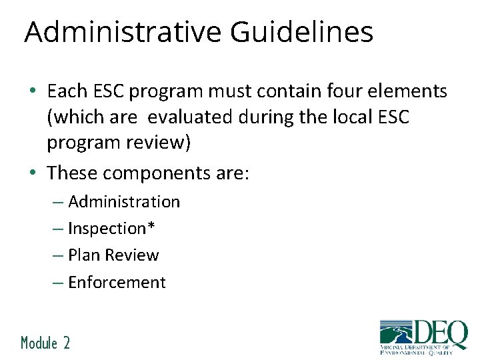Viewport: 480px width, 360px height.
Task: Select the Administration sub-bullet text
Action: click(x=124, y=201)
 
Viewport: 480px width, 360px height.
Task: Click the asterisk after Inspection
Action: click(x=151, y=227)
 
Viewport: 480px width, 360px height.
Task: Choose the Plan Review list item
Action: click(x=113, y=255)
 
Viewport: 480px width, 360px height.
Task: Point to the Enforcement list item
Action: click(x=117, y=283)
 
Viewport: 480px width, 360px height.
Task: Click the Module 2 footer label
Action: click(x=45, y=343)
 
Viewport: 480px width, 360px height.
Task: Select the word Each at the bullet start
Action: click(x=67, y=91)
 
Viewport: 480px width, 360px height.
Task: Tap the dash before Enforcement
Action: click(x=58, y=283)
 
